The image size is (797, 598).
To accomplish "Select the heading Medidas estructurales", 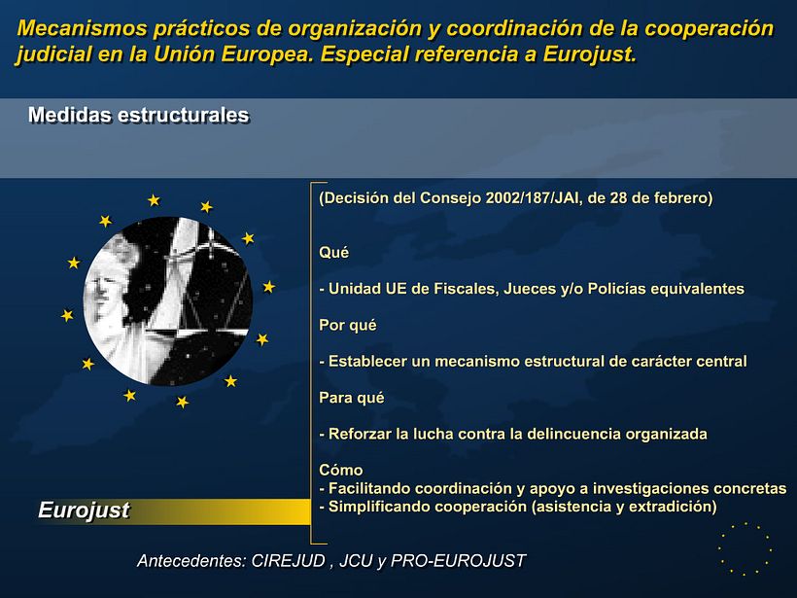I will coord(138,116).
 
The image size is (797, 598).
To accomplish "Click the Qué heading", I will coord(333,252).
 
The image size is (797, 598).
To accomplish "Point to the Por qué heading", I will coord(347,325).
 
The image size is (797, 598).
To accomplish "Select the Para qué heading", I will coord(351,397).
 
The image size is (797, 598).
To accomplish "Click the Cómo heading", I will coord(340,470).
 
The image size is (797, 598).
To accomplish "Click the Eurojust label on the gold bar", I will coord(84,510).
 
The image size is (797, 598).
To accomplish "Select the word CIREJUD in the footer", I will coord(286,561).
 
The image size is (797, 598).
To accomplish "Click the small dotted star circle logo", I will coord(745,548).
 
